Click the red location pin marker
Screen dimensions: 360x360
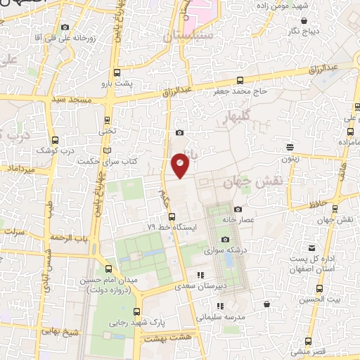(181, 165)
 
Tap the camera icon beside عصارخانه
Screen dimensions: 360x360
(238, 209)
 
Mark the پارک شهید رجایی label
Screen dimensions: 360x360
(176, 323)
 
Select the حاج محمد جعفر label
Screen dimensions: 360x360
(241, 91)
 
